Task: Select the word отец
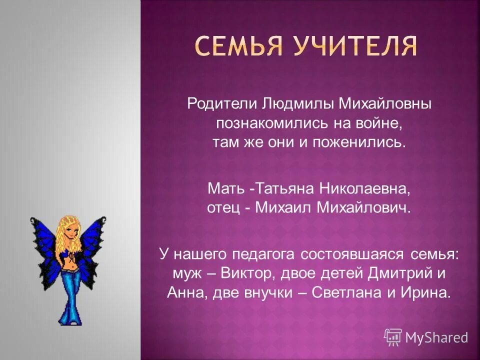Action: click(223, 208)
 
